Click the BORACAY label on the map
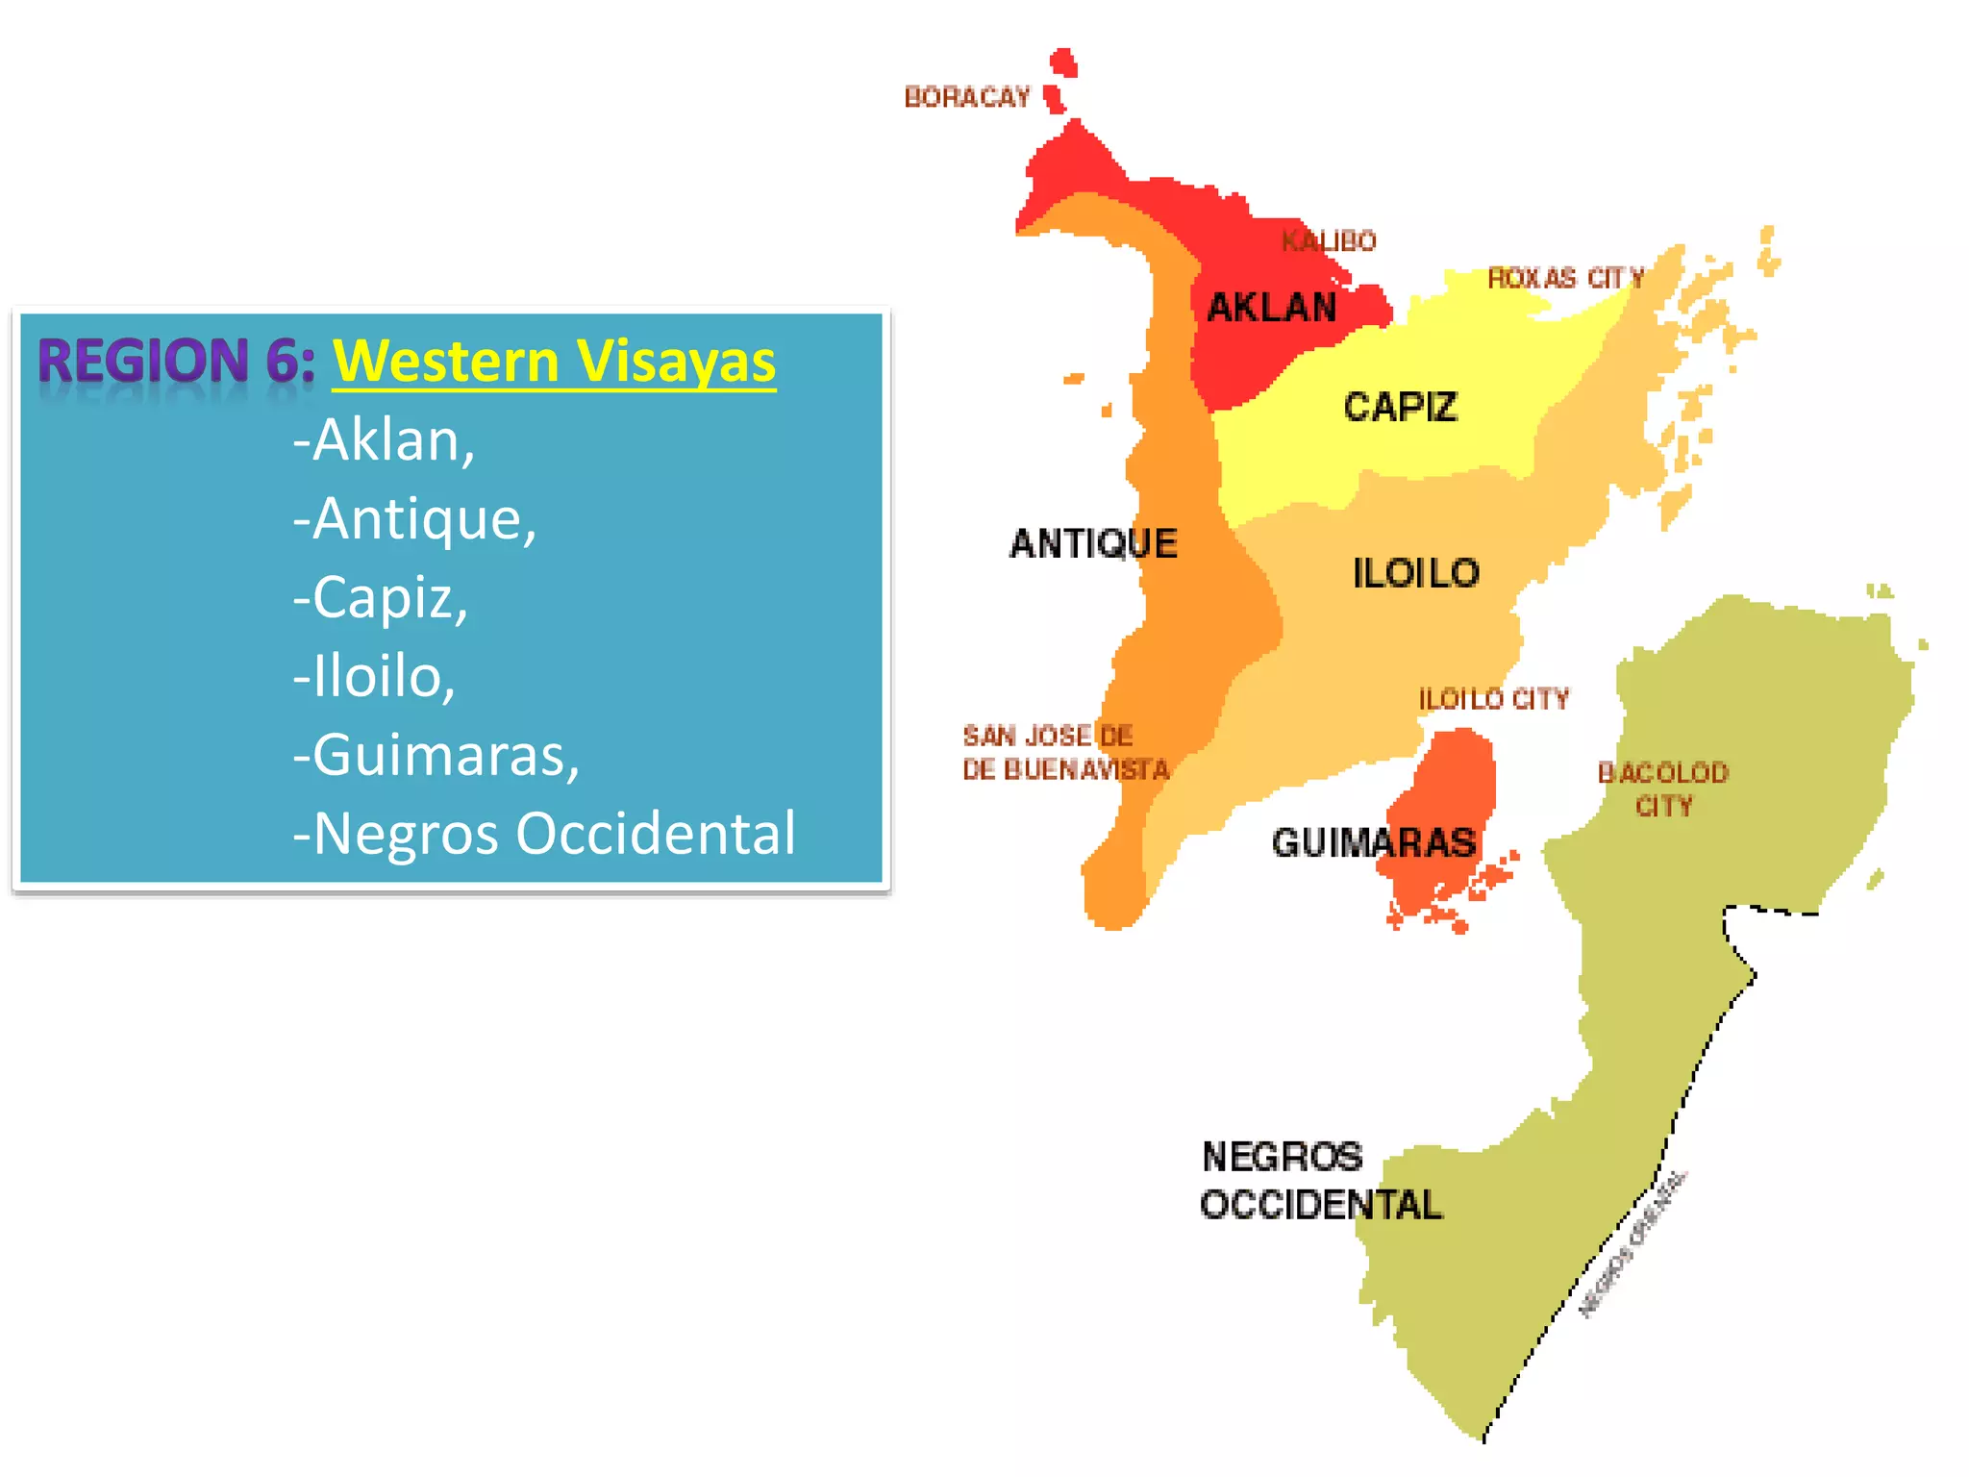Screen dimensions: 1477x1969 point(966,97)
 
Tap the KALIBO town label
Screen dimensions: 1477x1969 point(1329,240)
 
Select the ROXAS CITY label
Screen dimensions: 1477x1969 point(1565,279)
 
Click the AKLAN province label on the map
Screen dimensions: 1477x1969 point(1271,308)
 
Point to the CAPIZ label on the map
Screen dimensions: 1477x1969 point(1400,407)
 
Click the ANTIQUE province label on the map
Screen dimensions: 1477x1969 point(1093,544)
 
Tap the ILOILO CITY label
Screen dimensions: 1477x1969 point(1493,699)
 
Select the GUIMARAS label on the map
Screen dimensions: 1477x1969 point(1373,843)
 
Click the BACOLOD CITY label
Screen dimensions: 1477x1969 point(1662,789)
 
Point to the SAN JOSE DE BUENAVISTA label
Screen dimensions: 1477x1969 point(1064,753)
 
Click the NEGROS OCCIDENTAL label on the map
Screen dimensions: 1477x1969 point(1320,1181)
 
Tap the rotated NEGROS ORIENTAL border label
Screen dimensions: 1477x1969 point(1632,1242)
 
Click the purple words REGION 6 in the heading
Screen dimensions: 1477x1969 point(176,361)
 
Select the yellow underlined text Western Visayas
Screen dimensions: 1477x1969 point(554,363)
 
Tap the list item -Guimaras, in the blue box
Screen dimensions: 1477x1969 point(436,755)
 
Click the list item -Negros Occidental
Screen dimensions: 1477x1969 point(544,833)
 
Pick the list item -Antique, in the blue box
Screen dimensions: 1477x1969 point(414,519)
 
